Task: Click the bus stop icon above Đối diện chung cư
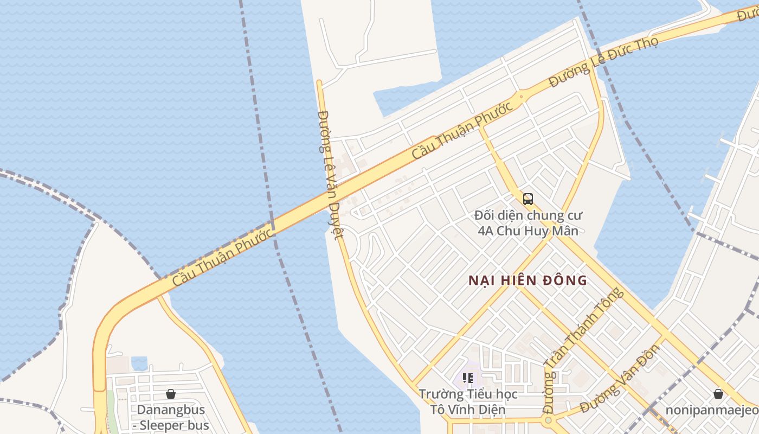tap(528, 199)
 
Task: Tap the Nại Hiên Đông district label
tap(528, 280)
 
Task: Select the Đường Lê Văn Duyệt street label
tap(330, 174)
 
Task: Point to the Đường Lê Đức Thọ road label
tap(603, 62)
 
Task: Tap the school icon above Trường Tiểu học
tap(467, 378)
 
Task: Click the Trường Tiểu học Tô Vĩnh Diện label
tap(467, 401)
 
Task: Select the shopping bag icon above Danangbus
tap(171, 394)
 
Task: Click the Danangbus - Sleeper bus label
tap(171, 417)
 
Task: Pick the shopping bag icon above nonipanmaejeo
tap(718, 394)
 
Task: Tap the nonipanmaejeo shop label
tap(712, 410)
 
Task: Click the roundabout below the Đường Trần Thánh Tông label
tap(548, 420)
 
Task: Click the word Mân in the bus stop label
tap(566, 231)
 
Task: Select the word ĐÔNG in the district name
tap(565, 280)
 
